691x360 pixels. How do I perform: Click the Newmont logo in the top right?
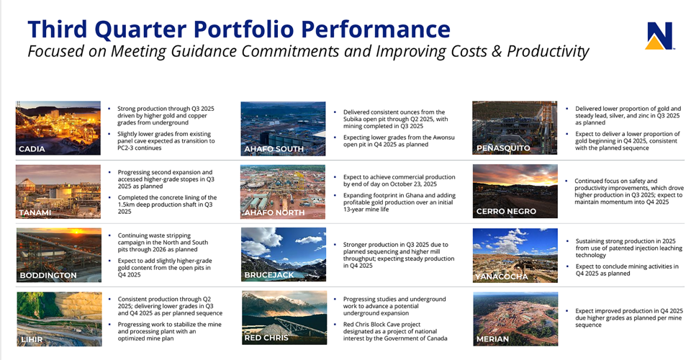coord(659,35)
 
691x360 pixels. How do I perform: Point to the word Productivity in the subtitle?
coord(547,52)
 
